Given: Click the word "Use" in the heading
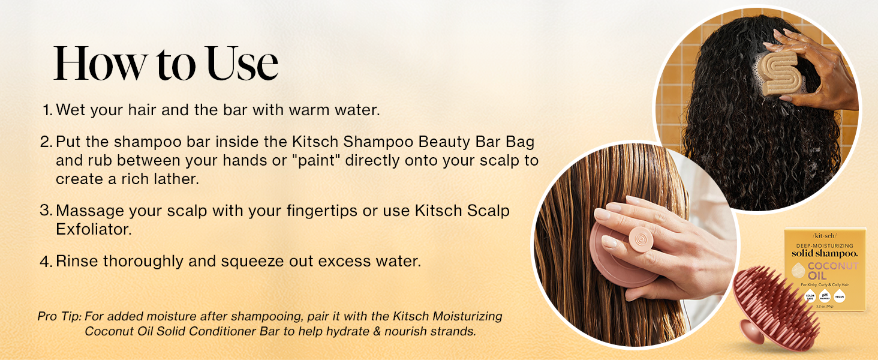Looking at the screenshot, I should coord(242,63).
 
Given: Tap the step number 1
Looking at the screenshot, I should coord(47,110).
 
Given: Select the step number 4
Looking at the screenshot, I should coord(46,262).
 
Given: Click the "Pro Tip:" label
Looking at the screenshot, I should coord(59,316).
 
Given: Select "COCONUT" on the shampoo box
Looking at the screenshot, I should coord(834,266).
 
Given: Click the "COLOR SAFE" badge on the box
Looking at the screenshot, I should coord(810,296).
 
